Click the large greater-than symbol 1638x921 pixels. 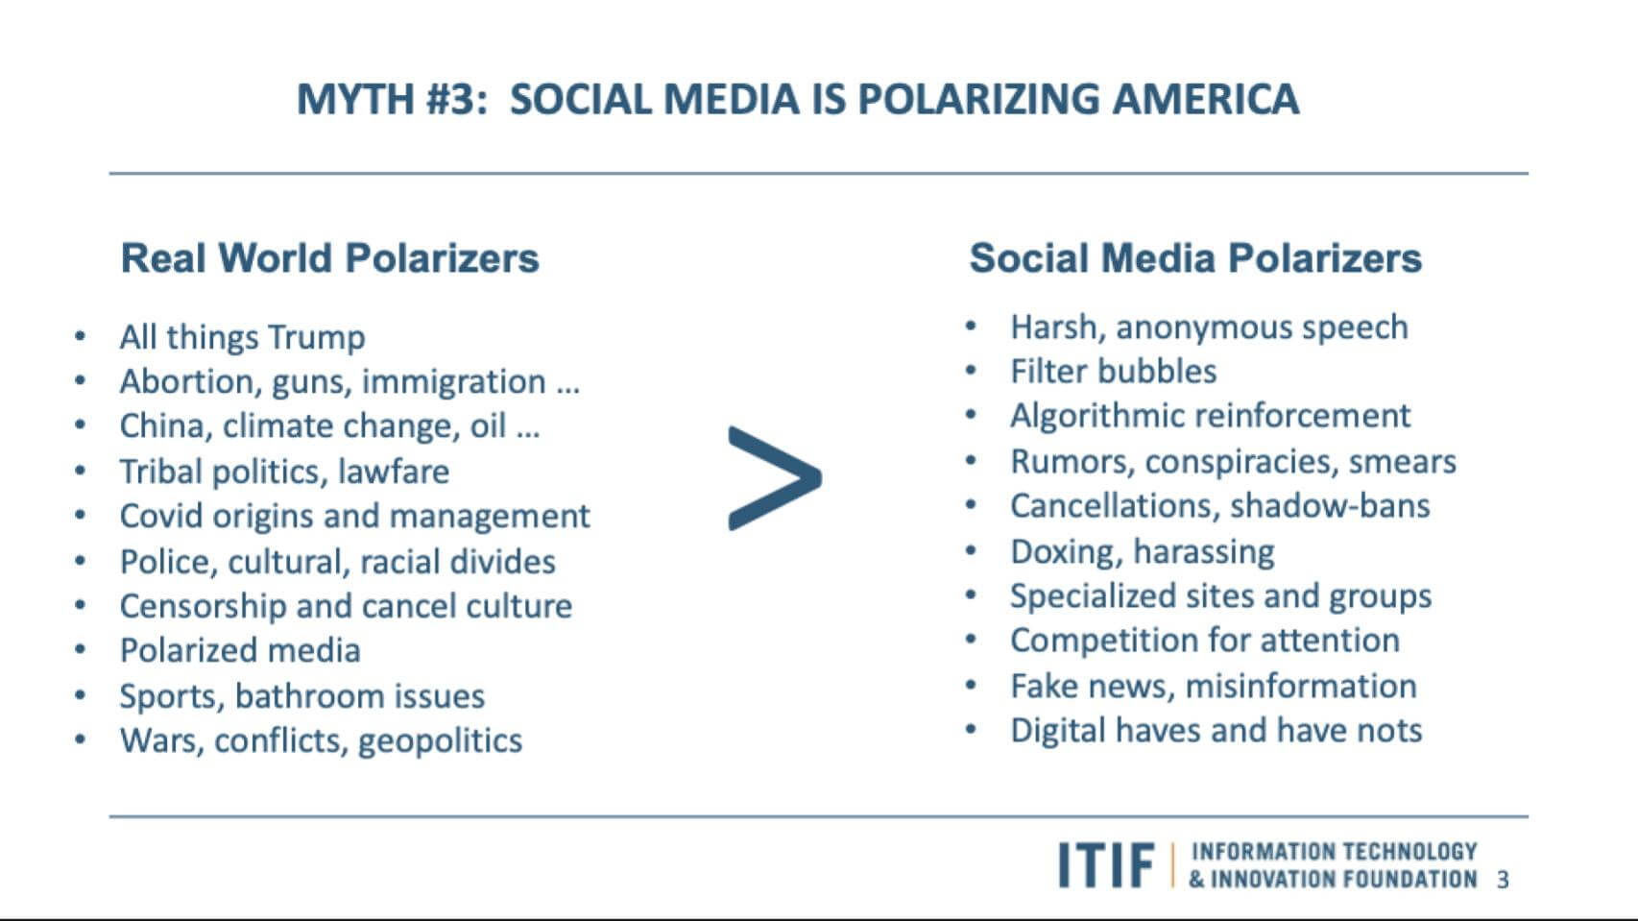pyautogui.click(x=775, y=477)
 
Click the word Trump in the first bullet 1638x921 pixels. pyautogui.click(x=316, y=337)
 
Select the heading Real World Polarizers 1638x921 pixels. pyautogui.click(x=329, y=257)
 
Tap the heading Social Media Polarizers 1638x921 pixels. pyautogui.click(x=1195, y=257)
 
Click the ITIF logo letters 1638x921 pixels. pyautogui.click(x=1106, y=864)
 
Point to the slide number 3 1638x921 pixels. pyautogui.click(x=1503, y=880)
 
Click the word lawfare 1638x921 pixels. pyautogui.click(x=394, y=472)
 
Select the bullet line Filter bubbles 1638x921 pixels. pyautogui.click(x=1113, y=372)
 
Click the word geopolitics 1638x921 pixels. pyautogui.click(x=440, y=741)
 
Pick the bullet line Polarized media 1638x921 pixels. pyautogui.click(x=240, y=650)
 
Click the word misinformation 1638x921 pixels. pyautogui.click(x=1301, y=686)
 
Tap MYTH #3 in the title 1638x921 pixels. pyautogui.click(x=392, y=99)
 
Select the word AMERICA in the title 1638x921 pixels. pyautogui.click(x=1206, y=99)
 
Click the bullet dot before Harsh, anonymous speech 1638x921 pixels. pyautogui.click(x=971, y=327)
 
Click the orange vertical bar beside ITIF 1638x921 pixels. pyautogui.click(x=1173, y=864)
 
